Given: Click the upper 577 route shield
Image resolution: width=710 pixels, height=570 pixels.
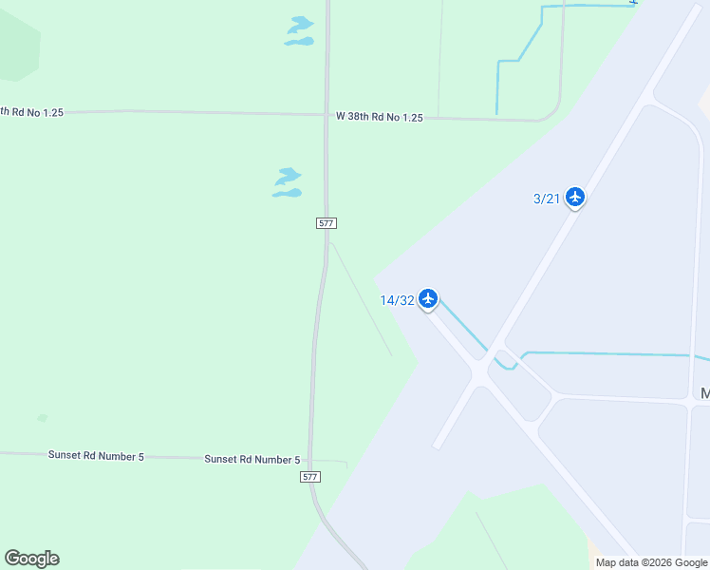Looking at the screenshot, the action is pyautogui.click(x=327, y=223).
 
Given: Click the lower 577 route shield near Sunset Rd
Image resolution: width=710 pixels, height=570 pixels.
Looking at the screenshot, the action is pyautogui.click(x=310, y=476).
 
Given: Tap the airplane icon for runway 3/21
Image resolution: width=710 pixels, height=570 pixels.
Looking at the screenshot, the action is pyautogui.click(x=574, y=197).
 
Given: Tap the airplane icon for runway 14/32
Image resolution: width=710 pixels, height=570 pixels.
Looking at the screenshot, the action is pyautogui.click(x=428, y=299).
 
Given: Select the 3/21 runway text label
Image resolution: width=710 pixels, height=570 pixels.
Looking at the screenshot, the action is pyautogui.click(x=546, y=199).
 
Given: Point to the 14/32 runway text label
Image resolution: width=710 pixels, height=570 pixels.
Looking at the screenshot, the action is pyautogui.click(x=397, y=300).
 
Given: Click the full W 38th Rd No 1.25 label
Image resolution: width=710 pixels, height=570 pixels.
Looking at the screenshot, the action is pyautogui.click(x=379, y=117).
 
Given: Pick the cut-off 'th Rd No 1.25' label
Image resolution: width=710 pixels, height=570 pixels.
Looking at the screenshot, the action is pyautogui.click(x=31, y=112).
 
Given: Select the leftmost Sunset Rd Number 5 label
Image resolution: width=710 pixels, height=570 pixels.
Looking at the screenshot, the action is pyautogui.click(x=96, y=456).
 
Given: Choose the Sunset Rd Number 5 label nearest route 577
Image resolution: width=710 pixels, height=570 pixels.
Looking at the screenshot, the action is pyautogui.click(x=252, y=459).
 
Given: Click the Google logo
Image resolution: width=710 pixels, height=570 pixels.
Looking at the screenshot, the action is pyautogui.click(x=31, y=559).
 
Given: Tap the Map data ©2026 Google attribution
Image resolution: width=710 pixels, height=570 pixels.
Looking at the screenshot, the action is pyautogui.click(x=650, y=562).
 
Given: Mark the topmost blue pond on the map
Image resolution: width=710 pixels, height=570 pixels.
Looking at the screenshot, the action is pyautogui.click(x=301, y=23).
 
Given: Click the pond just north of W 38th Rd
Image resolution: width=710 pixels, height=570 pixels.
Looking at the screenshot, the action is pyautogui.click(x=300, y=41).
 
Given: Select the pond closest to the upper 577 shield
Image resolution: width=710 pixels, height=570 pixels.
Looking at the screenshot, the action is pyautogui.click(x=287, y=194).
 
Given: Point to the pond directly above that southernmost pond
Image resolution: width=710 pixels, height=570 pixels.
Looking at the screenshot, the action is pyautogui.click(x=288, y=176).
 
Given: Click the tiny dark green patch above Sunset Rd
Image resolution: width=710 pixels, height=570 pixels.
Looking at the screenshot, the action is pyautogui.click(x=42, y=418).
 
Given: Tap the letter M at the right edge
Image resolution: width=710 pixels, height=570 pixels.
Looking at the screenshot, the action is pyautogui.click(x=704, y=393).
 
